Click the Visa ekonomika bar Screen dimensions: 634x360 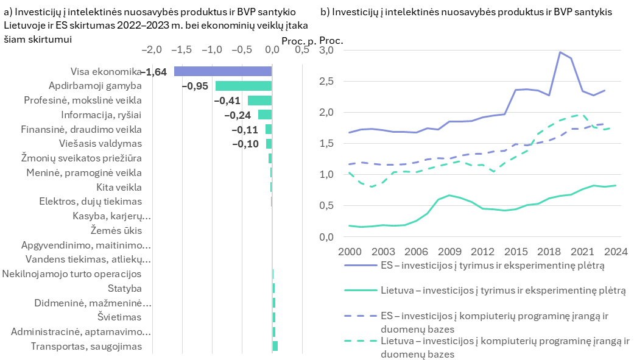223,71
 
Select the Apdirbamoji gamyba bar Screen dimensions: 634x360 244,86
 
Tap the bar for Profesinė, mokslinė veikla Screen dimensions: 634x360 259,101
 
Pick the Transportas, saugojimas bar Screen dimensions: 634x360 275,346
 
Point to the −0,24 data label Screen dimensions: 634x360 238,115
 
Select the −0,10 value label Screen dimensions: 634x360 245,144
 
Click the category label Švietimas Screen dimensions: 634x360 119,317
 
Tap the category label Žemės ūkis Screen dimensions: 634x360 116,231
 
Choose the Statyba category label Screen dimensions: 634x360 124,288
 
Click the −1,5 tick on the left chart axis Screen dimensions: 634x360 181,50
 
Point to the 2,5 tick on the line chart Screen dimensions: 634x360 326,81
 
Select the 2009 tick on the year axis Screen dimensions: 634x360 449,252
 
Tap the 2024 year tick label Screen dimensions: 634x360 616,252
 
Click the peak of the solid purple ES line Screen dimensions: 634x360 560,52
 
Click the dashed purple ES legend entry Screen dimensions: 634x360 476,322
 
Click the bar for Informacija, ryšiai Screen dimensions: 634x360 265,115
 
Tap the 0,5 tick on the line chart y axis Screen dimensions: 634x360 326,206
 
